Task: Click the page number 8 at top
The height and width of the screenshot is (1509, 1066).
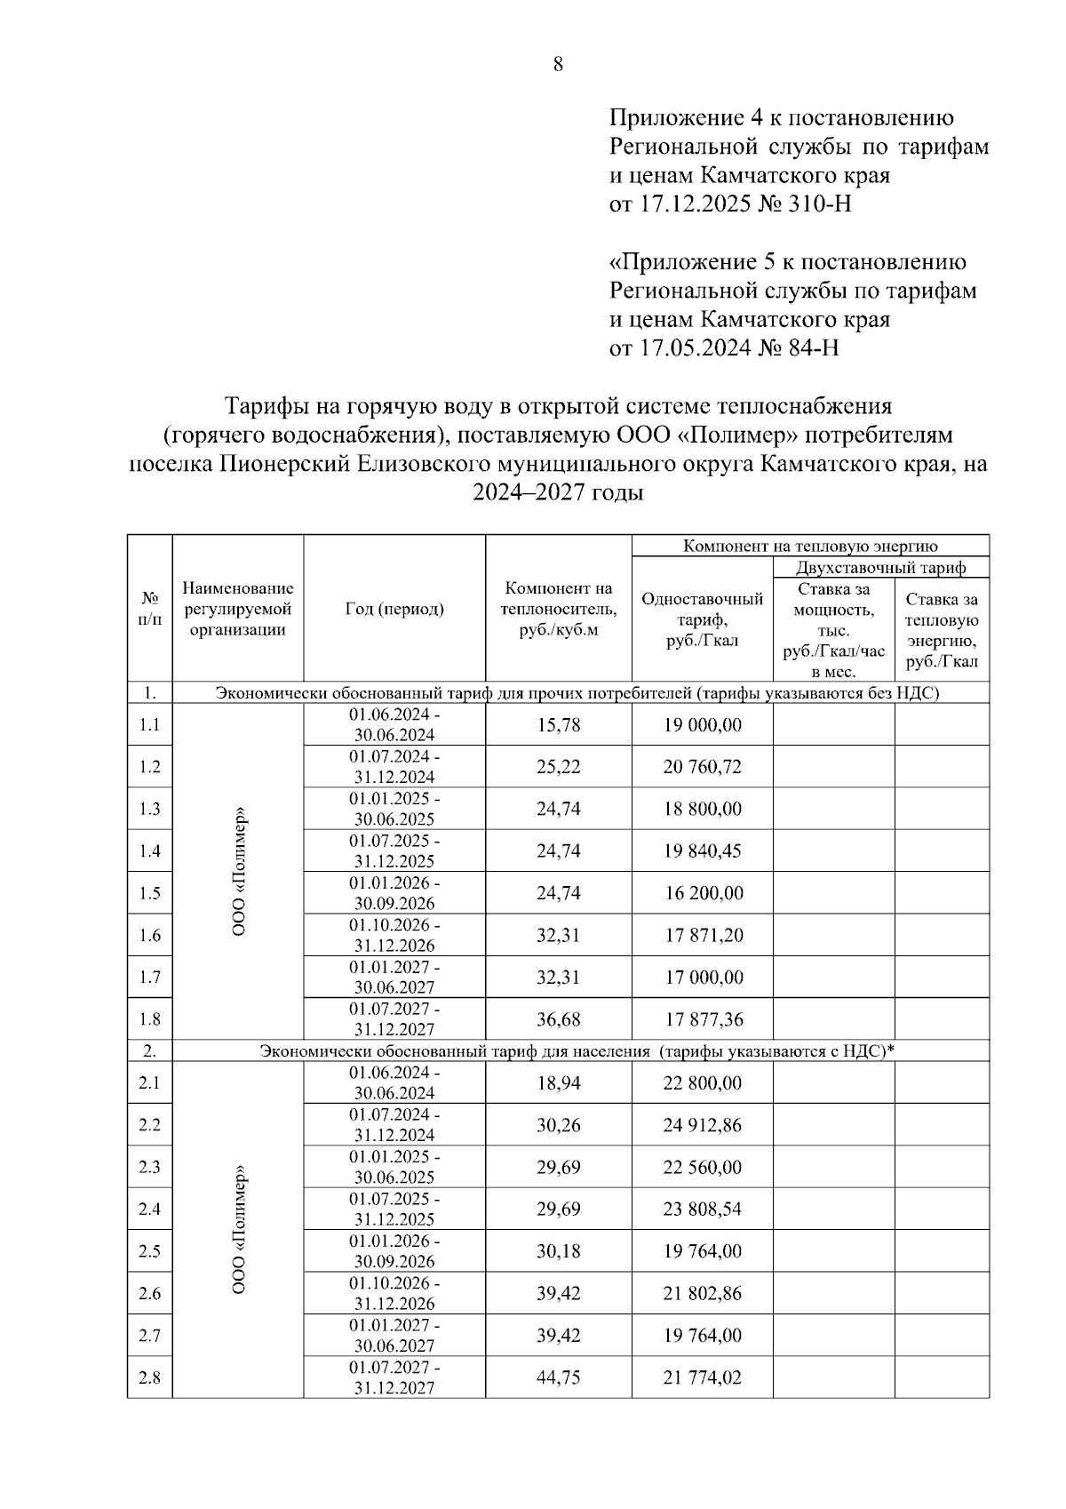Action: [558, 64]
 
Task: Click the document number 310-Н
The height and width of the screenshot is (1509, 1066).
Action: [819, 204]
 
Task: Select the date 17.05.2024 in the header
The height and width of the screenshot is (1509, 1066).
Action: [694, 347]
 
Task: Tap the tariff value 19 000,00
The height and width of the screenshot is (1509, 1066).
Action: [702, 725]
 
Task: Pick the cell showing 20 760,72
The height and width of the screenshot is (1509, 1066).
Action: [702, 767]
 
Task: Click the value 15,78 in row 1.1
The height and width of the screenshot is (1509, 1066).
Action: [558, 725]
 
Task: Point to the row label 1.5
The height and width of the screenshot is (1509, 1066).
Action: [149, 893]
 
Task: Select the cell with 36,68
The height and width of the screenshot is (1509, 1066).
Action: [558, 1019]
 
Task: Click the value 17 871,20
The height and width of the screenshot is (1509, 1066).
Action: [702, 935]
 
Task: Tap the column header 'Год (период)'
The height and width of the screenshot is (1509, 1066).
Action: [394, 609]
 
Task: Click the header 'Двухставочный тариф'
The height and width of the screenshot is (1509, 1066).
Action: [880, 567]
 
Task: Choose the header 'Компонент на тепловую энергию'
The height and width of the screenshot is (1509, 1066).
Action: [809, 546]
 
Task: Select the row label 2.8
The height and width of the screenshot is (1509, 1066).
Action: [149, 1377]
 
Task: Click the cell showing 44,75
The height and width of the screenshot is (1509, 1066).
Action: [558, 1377]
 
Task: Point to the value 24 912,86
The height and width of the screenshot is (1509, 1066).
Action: [702, 1125]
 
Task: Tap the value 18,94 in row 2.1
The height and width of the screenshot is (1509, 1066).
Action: [558, 1082]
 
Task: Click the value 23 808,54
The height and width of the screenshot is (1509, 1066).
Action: [702, 1209]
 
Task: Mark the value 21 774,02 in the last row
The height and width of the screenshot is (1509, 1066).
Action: [702, 1377]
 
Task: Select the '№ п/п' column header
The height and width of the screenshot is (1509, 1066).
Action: [149, 609]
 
